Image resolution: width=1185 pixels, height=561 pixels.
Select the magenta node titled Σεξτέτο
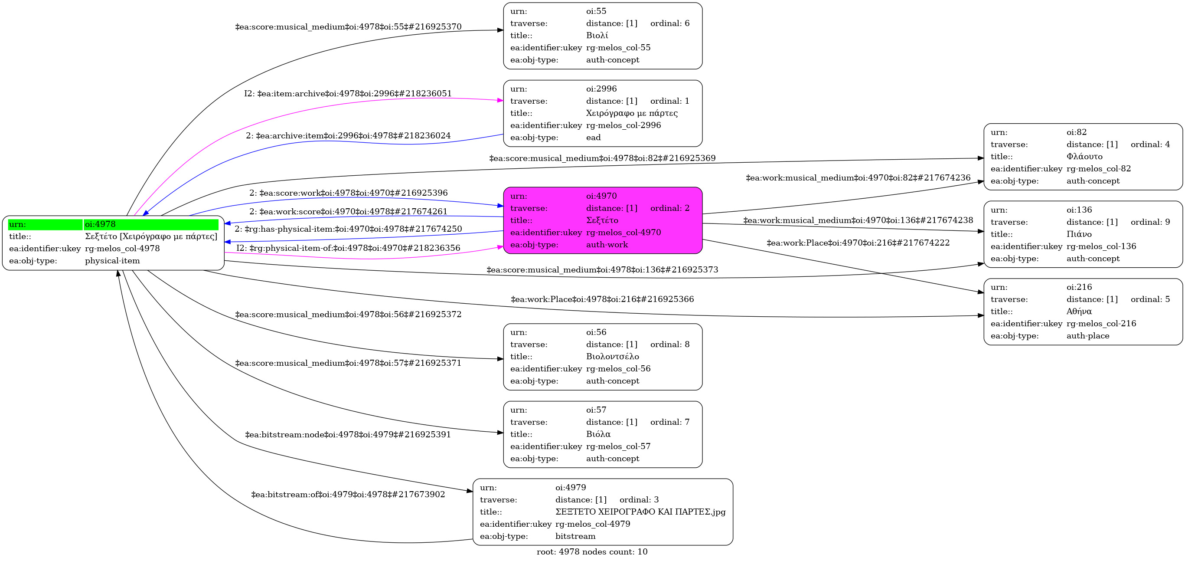pos(602,220)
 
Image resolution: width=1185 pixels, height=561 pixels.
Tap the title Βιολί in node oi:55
pos(597,36)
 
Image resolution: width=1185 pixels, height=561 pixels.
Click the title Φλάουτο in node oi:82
pos(1084,157)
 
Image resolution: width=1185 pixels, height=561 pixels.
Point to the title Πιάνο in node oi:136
pos(1079,234)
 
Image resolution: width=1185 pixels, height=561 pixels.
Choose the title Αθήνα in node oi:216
pos(1079,312)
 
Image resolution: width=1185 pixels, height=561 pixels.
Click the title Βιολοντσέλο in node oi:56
pos(612,357)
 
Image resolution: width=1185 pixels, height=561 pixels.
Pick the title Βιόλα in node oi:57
pos(598,434)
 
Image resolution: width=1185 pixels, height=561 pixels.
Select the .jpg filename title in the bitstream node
pos(640,512)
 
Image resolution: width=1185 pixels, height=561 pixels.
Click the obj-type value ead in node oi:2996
pos(594,138)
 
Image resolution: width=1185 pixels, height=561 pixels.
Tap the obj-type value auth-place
pos(1087,336)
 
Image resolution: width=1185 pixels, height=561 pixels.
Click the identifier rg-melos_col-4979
pos(592,524)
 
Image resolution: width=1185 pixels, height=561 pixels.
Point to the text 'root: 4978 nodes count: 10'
pos(592,552)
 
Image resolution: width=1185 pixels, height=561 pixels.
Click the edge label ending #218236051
pos(348,94)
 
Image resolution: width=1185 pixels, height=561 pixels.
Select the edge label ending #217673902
pos(348,495)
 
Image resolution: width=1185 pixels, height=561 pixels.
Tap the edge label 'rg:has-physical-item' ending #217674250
pos(348,229)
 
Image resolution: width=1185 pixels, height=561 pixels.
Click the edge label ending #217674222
pos(858,243)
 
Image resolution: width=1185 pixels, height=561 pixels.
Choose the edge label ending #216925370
pos(348,27)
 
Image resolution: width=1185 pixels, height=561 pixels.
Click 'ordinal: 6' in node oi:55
pos(670,23)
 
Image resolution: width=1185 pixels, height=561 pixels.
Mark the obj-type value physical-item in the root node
pos(112,261)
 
